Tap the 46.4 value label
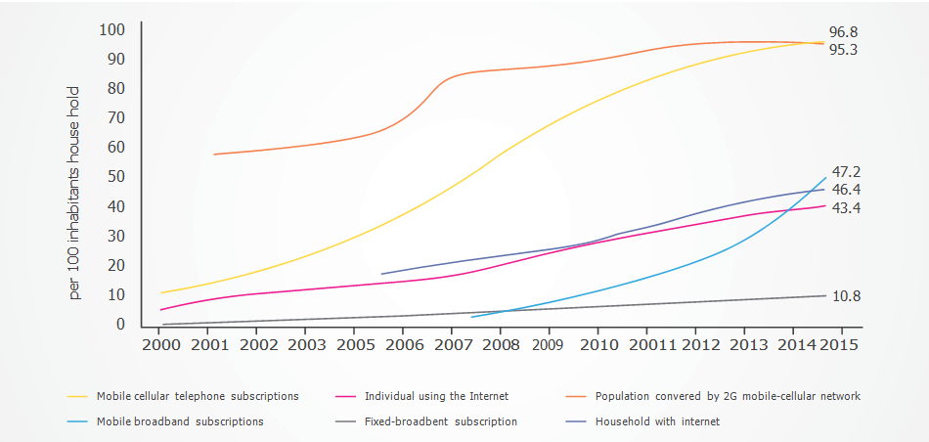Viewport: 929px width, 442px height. pos(846,189)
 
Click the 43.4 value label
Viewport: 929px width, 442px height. pos(846,208)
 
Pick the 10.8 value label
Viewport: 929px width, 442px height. pos(846,296)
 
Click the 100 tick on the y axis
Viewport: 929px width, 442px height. pos(112,29)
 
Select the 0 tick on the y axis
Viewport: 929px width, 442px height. pos(120,324)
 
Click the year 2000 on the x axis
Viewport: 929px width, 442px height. pos(161,345)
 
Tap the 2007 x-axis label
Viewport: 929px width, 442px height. pos(451,345)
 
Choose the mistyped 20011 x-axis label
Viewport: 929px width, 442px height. pos(646,345)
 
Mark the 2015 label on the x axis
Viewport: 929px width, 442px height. pos(840,345)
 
